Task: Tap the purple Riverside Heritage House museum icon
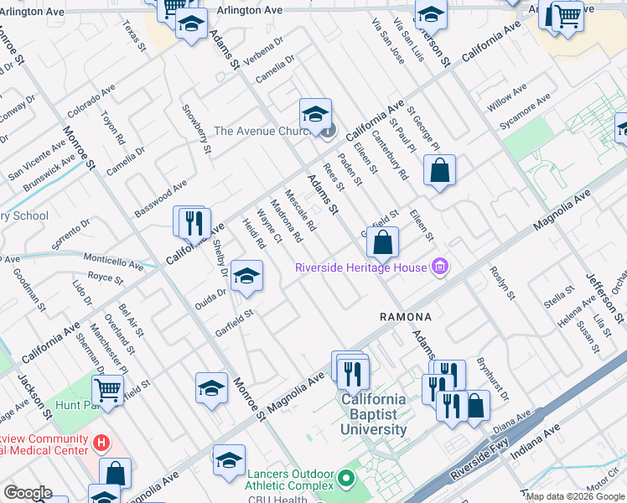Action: coord(438,268)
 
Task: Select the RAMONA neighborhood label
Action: coord(406,317)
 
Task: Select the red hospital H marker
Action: coord(101,442)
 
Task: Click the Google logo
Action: coord(27,493)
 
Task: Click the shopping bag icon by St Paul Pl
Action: coord(439,171)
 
